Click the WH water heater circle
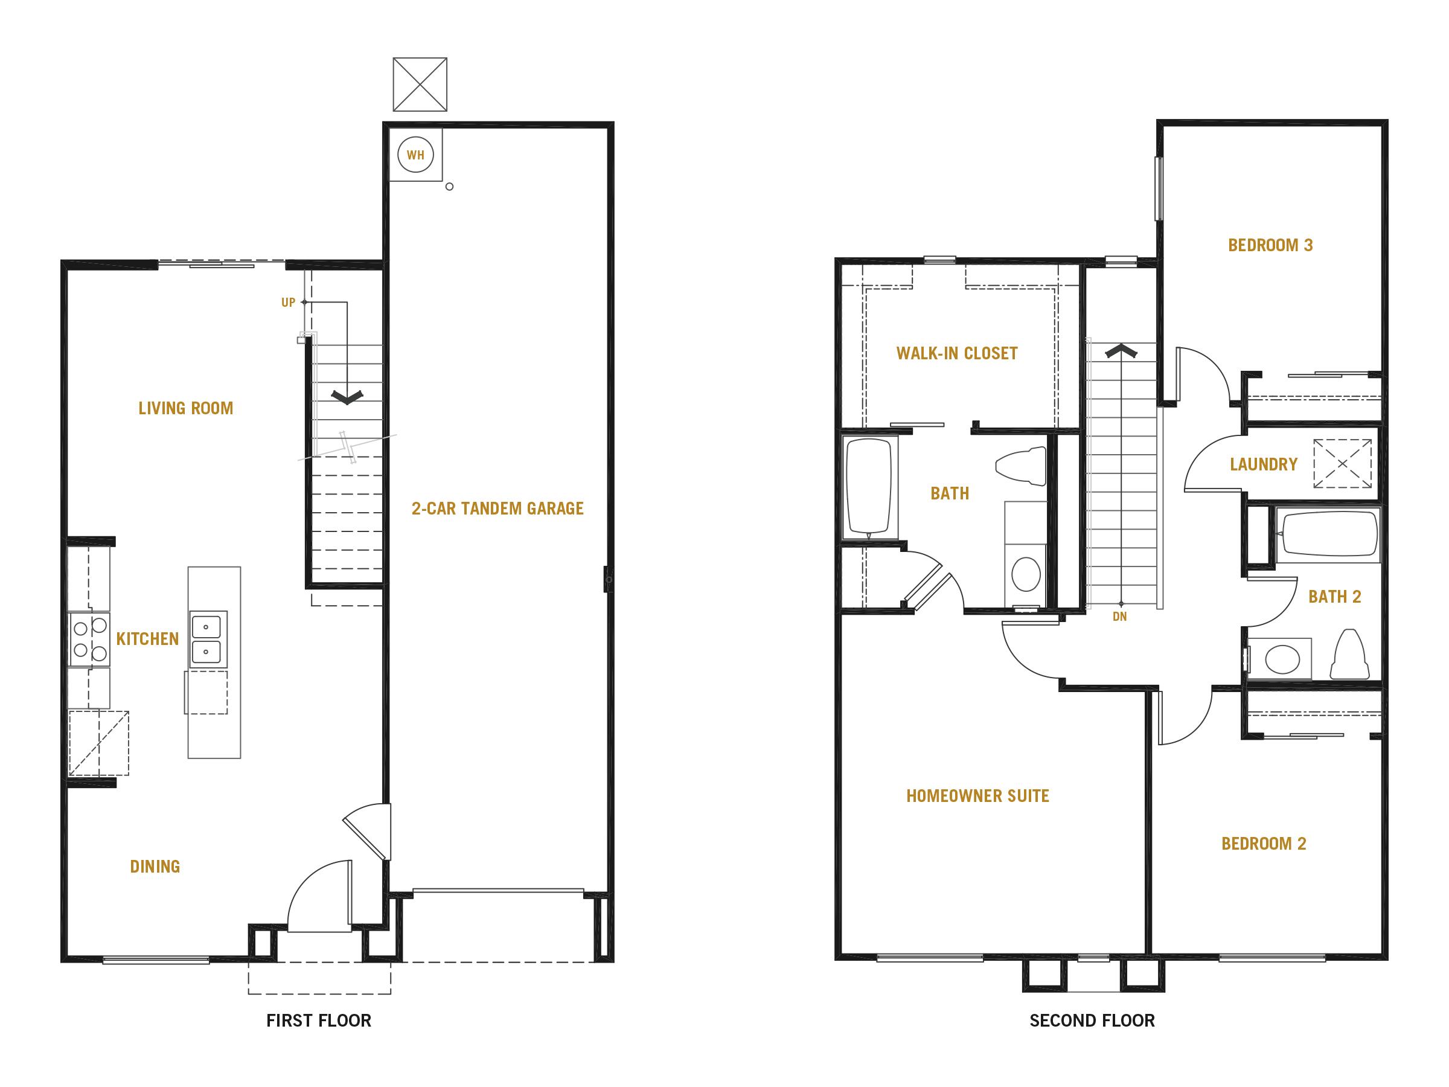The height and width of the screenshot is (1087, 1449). click(x=415, y=155)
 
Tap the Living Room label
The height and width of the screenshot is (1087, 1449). click(x=186, y=408)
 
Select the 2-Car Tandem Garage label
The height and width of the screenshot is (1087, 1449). click(x=497, y=508)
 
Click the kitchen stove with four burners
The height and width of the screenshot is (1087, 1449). click(x=90, y=639)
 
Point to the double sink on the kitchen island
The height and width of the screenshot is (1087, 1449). click(x=208, y=640)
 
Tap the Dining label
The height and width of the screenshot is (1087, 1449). click(x=155, y=866)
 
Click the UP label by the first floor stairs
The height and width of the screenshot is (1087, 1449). click(x=288, y=303)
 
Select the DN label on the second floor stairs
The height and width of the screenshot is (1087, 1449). click(x=1119, y=617)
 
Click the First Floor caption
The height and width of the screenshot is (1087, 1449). click(x=318, y=1020)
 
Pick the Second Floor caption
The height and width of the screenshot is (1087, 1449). click(x=1092, y=1020)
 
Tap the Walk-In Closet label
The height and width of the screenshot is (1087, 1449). click(x=957, y=354)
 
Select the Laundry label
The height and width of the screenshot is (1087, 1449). click(x=1264, y=464)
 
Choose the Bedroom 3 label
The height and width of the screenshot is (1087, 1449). click(x=1270, y=245)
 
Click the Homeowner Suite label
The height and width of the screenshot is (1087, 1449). click(x=977, y=796)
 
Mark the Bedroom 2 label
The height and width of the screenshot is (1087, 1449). click(x=1264, y=843)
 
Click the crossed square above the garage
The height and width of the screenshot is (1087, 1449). click(x=420, y=85)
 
